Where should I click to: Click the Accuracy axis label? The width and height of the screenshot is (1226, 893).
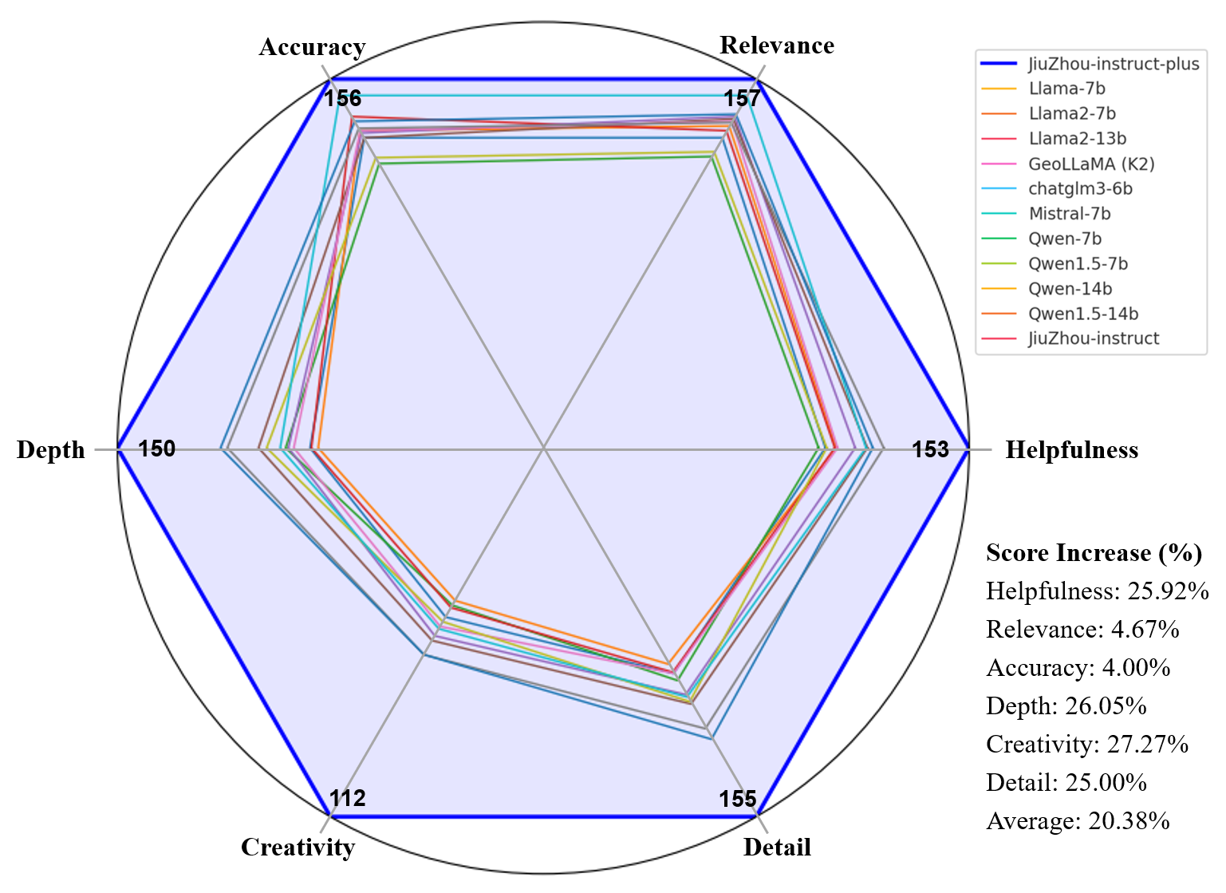point(312,48)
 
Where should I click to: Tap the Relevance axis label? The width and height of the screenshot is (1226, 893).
point(776,45)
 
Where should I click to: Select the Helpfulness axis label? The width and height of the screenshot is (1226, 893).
point(1070,450)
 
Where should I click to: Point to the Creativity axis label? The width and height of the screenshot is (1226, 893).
point(298,847)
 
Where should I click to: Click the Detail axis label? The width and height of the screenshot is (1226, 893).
point(776,847)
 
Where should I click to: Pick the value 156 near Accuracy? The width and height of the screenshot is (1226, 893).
point(342,98)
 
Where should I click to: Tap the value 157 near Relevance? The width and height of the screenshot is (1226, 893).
point(742,98)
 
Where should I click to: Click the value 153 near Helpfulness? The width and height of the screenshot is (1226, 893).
point(930,450)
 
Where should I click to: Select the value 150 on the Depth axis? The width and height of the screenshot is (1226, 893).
point(156,449)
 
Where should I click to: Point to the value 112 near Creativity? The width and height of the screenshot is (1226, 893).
point(347,798)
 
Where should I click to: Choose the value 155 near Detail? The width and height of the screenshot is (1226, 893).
point(737,799)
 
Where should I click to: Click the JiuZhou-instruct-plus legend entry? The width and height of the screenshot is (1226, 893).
point(1113,64)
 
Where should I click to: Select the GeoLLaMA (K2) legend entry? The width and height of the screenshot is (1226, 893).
point(1090,164)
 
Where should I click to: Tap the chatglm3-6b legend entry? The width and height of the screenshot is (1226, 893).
point(1080,189)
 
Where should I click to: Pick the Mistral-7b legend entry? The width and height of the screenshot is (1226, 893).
point(1069,214)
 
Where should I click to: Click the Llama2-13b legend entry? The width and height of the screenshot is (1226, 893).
point(1077,139)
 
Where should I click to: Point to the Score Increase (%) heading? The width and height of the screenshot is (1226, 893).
point(1094,553)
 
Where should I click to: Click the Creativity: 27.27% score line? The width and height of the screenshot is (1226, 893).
point(1086,745)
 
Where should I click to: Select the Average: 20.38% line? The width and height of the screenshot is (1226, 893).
point(1078,821)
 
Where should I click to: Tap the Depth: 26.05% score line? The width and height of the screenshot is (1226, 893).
point(1066,706)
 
